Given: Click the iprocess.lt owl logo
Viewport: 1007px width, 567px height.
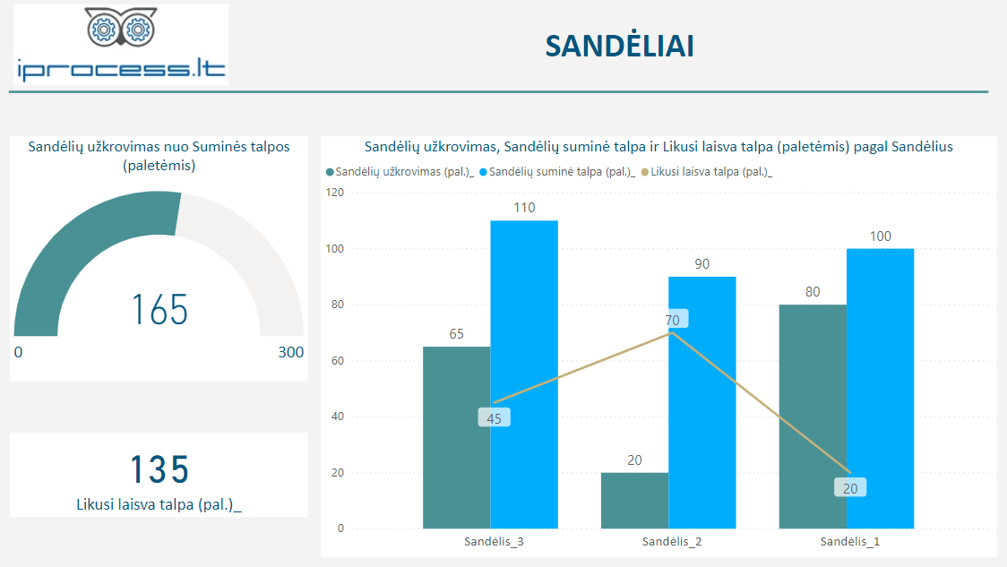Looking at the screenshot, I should (x=121, y=45).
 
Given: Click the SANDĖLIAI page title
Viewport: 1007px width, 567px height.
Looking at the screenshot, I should (x=619, y=47).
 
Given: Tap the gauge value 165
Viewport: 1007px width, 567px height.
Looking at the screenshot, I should (x=160, y=310).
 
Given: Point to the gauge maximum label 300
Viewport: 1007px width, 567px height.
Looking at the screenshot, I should (x=290, y=353).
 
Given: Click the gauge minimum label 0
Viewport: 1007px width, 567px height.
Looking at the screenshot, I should (x=18, y=353).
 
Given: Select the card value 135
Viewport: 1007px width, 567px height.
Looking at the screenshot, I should (x=159, y=469).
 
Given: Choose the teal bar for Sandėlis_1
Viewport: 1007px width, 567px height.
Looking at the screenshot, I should (x=813, y=417).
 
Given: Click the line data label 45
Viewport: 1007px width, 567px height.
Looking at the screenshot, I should (x=495, y=417).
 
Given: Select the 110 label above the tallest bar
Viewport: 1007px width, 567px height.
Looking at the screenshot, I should (x=524, y=208).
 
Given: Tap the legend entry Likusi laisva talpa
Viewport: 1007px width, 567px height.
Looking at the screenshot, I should (x=711, y=171).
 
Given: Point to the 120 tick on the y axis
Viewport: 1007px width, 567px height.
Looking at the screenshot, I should (x=335, y=193).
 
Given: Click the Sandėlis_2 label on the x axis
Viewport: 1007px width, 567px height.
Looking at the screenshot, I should (x=672, y=542).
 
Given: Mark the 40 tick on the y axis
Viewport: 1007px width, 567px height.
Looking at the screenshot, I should (x=338, y=417).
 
